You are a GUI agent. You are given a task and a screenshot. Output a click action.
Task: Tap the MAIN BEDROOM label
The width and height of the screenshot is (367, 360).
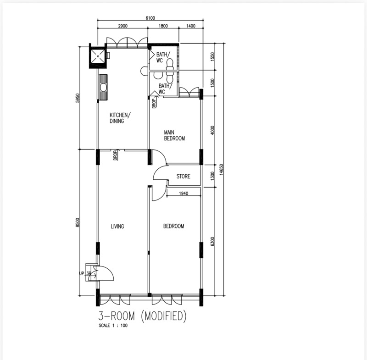coord(174,136)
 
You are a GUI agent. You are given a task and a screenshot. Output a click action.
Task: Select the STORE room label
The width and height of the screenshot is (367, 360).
coord(183,177)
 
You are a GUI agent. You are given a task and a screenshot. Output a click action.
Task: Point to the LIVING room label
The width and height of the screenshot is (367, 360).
coord(117,227)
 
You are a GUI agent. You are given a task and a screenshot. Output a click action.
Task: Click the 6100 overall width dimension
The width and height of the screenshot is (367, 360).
coord(150,18)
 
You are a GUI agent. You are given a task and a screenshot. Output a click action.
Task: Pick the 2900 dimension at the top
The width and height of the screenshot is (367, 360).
coord(122,26)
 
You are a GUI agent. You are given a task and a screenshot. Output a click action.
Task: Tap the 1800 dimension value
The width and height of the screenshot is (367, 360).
coord(163,26)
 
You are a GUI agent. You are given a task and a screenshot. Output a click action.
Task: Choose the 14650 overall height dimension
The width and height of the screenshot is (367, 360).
coord(222,169)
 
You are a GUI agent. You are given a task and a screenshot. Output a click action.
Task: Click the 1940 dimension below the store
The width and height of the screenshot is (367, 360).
coord(183,194)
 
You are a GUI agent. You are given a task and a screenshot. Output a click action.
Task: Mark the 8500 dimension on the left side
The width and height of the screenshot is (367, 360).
coord(78,222)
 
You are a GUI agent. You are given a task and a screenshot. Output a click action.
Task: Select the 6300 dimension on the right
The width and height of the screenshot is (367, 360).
coord(212,241)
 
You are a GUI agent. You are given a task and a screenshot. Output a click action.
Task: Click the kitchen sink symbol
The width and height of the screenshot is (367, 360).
coord(103,87)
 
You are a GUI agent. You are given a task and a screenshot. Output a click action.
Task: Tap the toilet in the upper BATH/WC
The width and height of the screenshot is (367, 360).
coord(169,65)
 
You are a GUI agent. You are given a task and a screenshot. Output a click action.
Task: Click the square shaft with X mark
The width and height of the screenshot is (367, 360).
coord(98,56)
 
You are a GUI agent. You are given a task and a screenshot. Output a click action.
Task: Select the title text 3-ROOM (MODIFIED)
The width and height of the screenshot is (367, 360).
coord(142,316)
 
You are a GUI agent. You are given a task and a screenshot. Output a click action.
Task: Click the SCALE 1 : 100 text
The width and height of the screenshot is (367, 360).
coord(113,326)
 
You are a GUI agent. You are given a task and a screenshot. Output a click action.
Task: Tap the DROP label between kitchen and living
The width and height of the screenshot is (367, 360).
coord(115,155)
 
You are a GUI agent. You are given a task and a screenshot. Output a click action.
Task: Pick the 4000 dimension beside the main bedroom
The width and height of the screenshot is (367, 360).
coord(212,130)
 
